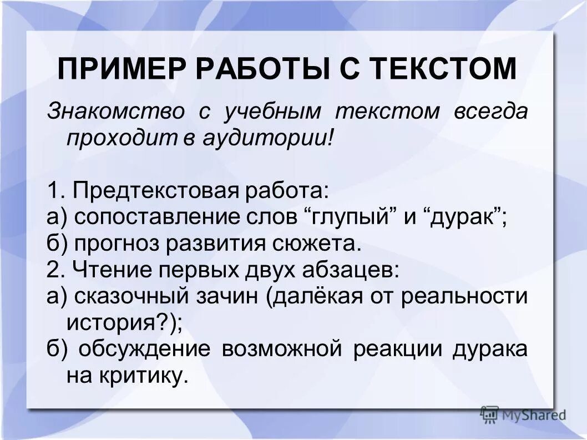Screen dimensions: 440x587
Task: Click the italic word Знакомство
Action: point(115,111)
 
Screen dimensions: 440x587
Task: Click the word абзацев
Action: point(351,270)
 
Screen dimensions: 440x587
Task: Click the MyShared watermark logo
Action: point(523,414)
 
